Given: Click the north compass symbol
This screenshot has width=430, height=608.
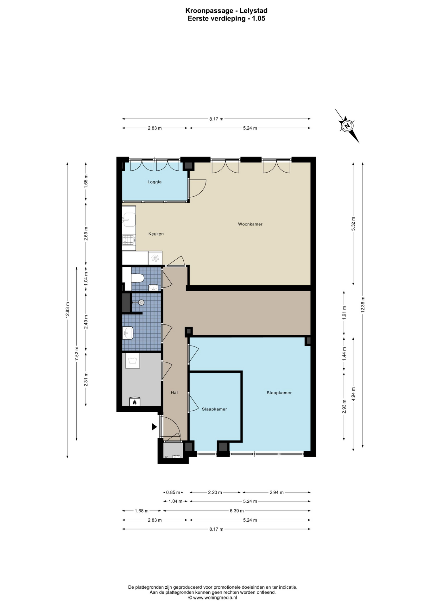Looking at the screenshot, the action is (x=347, y=126).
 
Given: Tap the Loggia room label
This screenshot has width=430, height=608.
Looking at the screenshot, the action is (x=155, y=182).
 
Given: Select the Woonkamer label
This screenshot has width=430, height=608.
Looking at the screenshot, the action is (x=250, y=224).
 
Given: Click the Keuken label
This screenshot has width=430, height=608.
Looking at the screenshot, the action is (x=156, y=234).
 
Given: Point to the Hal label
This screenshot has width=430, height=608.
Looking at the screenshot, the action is (x=174, y=392).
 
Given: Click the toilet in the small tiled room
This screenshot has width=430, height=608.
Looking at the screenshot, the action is (x=137, y=278).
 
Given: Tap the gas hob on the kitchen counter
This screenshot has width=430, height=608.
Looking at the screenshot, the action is (x=129, y=240).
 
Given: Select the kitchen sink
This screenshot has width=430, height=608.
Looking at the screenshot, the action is (x=129, y=220).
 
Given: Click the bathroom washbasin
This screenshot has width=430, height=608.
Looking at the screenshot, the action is (x=128, y=333).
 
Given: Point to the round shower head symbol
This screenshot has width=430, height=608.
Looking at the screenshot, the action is (x=141, y=302).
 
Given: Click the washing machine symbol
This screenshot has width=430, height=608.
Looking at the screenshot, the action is (x=132, y=361).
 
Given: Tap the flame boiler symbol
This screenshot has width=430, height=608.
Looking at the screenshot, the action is (x=135, y=402).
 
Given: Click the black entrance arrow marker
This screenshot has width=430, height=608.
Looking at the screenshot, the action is (x=154, y=427).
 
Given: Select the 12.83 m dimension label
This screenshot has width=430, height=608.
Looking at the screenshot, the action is (x=67, y=310).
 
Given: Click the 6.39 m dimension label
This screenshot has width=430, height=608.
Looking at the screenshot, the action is (x=237, y=511).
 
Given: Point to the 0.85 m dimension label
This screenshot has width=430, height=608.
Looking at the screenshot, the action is (x=173, y=492).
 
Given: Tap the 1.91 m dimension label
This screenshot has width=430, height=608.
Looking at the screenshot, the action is (x=344, y=312).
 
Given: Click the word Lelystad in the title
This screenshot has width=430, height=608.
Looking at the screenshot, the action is (x=254, y=11).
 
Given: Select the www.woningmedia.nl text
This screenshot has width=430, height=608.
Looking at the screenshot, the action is (x=215, y=598).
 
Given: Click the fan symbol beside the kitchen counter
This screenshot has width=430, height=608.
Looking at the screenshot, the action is (x=155, y=258).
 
